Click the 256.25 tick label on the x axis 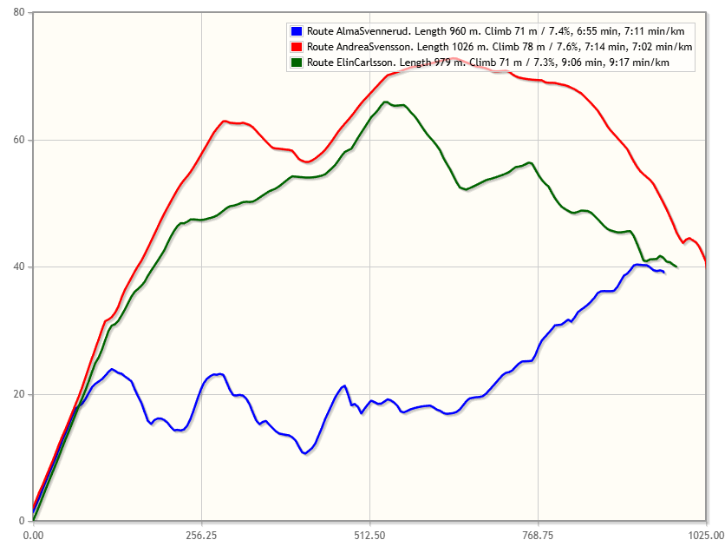tap(201, 536)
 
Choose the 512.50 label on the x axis tap(369, 536)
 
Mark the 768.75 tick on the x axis tap(538, 536)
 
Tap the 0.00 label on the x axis tap(33, 536)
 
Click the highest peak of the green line tap(386, 102)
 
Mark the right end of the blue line tap(663, 273)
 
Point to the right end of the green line tap(676, 267)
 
